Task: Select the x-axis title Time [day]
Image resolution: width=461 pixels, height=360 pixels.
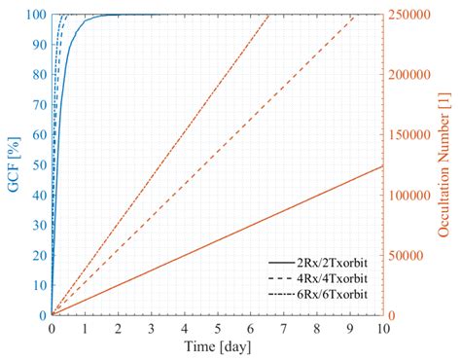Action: (217, 347)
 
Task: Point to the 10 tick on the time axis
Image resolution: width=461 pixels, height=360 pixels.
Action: (382, 328)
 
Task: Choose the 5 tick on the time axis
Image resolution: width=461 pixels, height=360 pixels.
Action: (217, 328)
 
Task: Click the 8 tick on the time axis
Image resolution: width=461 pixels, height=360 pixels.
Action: (316, 328)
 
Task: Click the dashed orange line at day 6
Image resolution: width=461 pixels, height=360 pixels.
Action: (250, 119)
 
